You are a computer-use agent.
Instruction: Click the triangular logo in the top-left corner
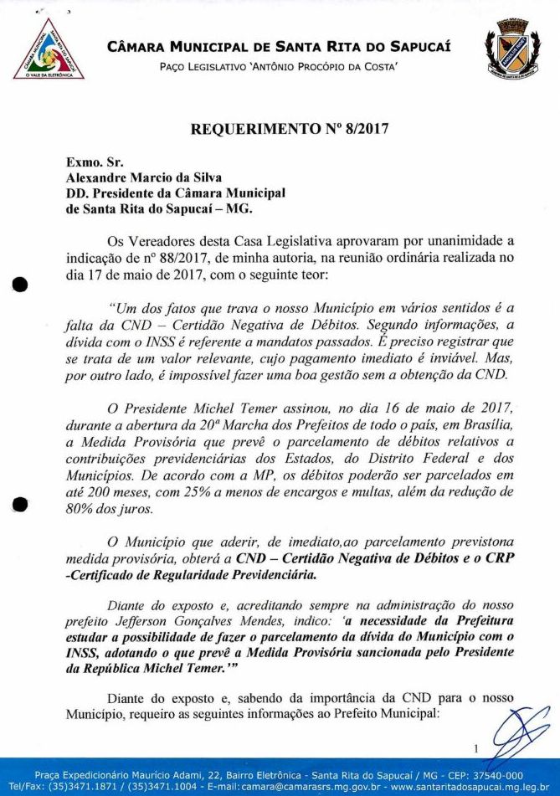tap(49, 50)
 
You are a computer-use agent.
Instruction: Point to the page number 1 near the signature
tap(475, 749)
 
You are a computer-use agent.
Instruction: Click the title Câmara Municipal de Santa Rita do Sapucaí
tap(279, 46)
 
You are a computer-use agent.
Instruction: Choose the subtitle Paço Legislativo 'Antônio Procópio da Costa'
tap(279, 65)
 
